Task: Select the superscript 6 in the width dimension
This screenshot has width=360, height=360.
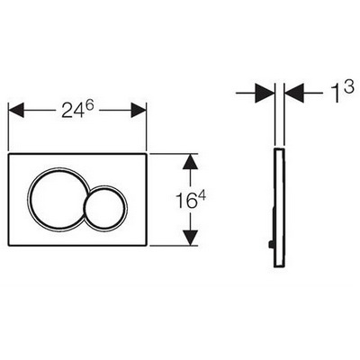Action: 85,105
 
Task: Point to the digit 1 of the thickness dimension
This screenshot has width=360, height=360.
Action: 337,93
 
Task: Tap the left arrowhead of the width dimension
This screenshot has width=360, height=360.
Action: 16,110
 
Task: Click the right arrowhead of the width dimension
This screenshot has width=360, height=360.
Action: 139,110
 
